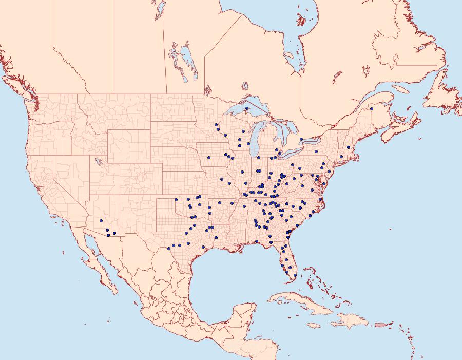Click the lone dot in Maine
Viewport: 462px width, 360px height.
[372, 109]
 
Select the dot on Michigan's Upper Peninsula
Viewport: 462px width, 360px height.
[246, 108]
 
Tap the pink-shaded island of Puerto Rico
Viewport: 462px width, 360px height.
[380, 324]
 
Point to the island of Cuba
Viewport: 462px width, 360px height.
[303, 302]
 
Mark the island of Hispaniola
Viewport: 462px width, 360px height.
[352, 321]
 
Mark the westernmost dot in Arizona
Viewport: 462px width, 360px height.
[107, 230]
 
